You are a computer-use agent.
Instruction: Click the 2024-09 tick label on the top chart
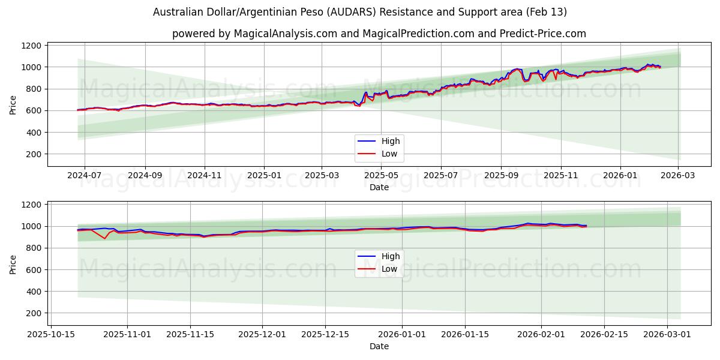(145, 176)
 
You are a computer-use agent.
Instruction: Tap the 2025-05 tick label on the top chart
(382, 176)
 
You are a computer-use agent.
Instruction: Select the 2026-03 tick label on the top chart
(678, 176)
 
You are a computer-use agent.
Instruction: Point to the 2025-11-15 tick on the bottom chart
(190, 335)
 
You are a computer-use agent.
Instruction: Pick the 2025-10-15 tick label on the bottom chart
(52, 335)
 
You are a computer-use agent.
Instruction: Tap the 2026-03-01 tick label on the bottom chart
(667, 335)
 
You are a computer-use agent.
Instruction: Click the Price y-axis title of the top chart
(13, 104)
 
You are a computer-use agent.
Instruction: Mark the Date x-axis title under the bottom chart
(379, 346)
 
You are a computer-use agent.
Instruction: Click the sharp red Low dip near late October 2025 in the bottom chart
(105, 239)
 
